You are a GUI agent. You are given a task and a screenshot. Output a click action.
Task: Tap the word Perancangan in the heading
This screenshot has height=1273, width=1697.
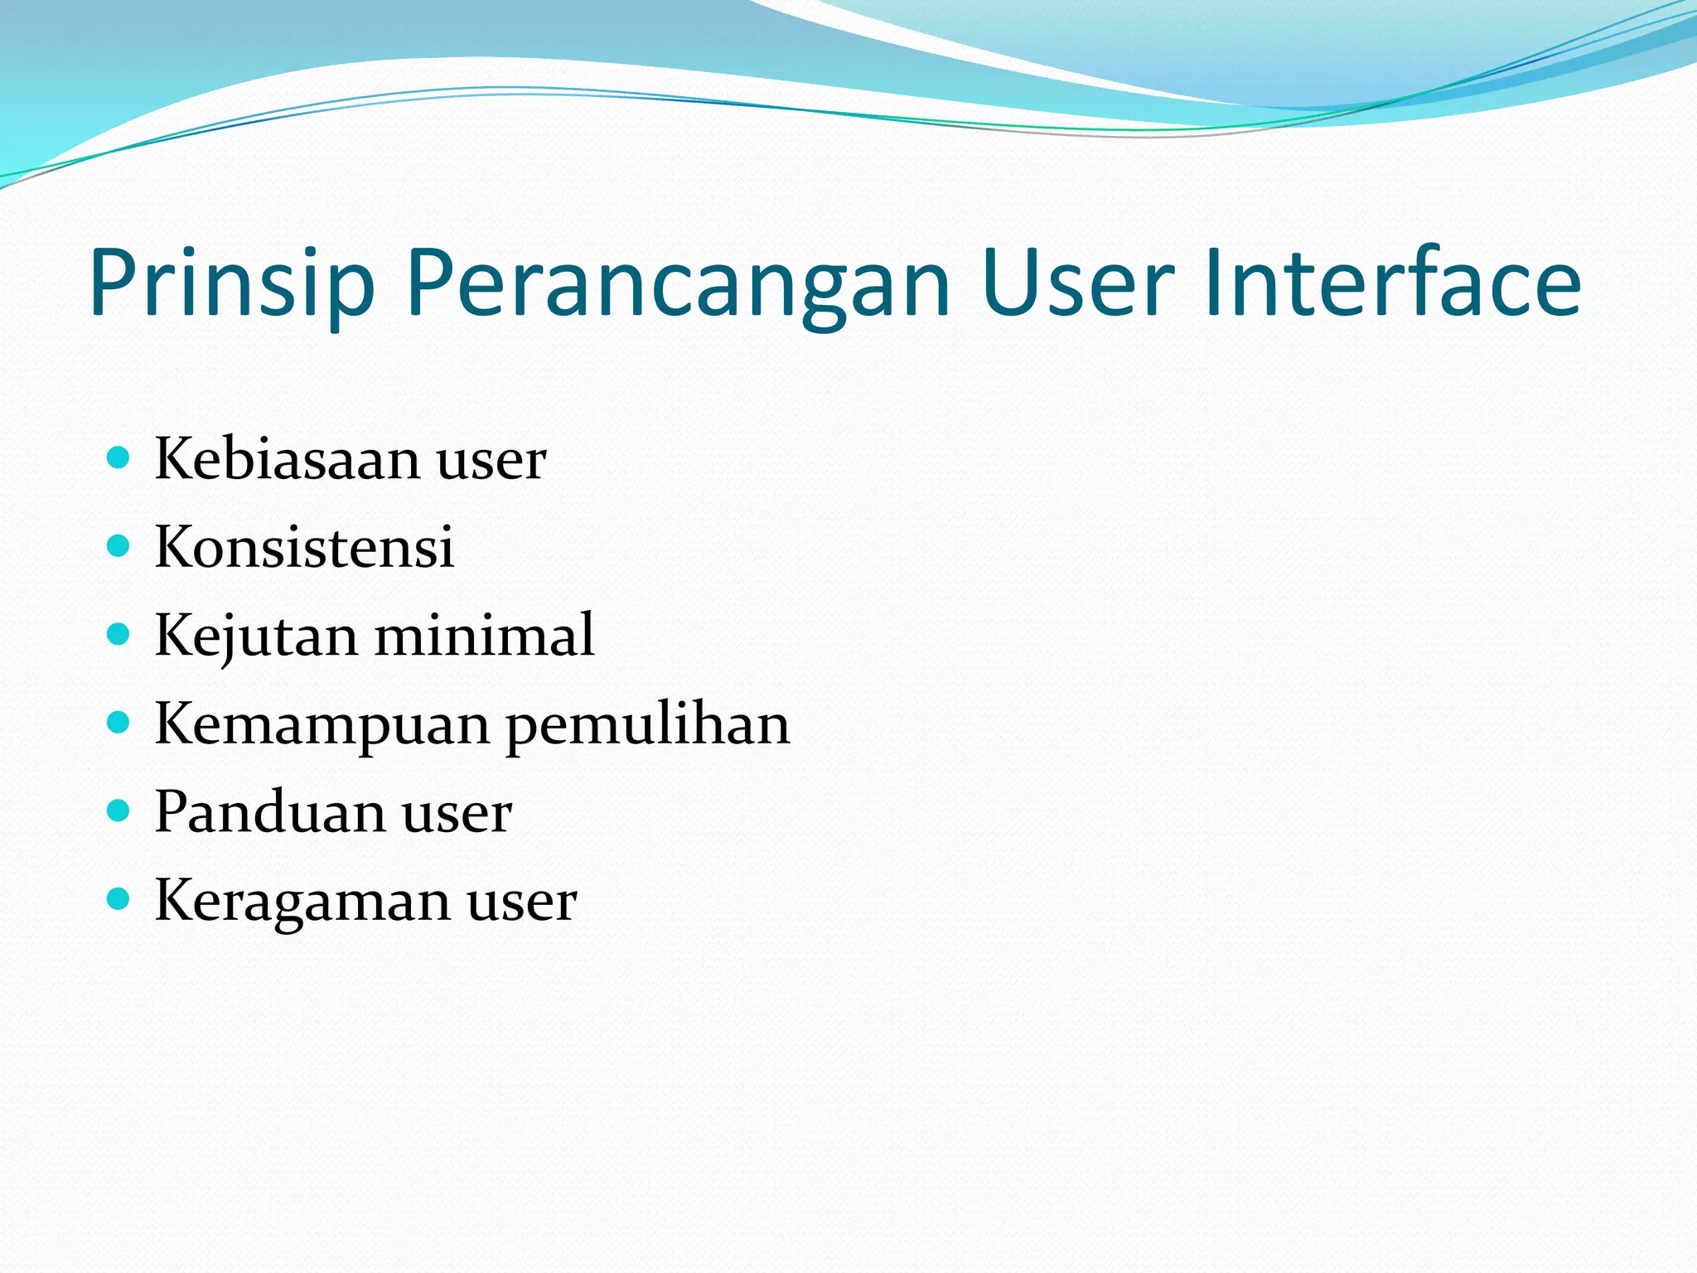coord(677,284)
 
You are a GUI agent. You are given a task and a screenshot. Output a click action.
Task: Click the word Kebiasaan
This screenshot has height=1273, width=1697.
coord(287,459)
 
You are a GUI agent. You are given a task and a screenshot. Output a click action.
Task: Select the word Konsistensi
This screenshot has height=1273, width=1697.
coord(304,547)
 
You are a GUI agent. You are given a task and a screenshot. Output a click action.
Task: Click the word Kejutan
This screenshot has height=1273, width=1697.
coord(256,636)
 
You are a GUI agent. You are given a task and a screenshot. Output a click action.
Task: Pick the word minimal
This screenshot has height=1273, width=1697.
coord(485,635)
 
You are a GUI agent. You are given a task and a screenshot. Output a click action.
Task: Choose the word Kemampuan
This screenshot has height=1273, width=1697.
coord(322,725)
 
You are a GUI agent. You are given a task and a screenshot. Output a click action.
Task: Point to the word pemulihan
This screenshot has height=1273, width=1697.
coord(648,725)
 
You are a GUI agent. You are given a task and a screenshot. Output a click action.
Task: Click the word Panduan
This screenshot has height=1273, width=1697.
coord(268,812)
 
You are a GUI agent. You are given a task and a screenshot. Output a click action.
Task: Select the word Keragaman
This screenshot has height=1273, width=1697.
coord(302,902)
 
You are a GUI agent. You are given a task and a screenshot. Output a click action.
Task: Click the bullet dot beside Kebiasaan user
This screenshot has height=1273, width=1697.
coord(119,457)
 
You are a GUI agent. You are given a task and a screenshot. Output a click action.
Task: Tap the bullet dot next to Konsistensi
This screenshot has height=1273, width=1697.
coord(119,545)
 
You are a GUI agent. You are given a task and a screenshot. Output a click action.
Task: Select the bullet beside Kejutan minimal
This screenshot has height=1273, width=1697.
coord(119,634)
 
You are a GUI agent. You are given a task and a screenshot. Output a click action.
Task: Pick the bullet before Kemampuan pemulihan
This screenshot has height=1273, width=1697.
coord(119,723)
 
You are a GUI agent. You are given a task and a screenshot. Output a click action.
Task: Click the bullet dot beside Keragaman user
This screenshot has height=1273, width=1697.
coord(119,898)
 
